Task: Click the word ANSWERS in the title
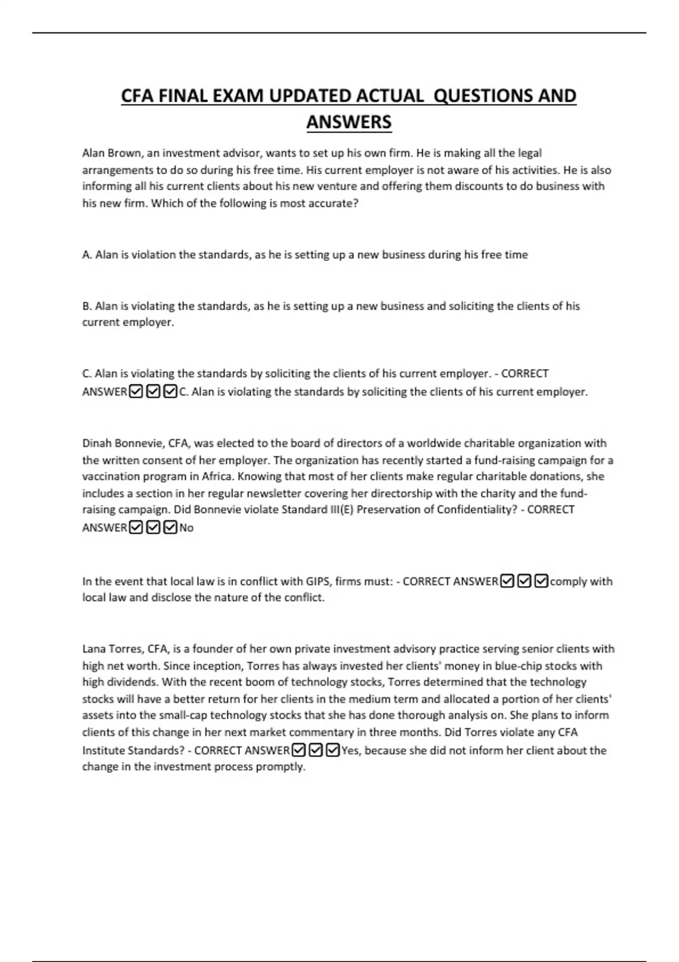349,122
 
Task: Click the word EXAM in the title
238,96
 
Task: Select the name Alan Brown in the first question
111,153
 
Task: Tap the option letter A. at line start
87,255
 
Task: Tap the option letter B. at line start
87,306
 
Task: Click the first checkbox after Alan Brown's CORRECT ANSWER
136,392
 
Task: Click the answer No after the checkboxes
186,528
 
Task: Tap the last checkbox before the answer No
170,527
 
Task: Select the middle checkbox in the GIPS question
525,581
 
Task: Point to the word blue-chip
517,666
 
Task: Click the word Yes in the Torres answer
350,750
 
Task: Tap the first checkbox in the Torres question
299,750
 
